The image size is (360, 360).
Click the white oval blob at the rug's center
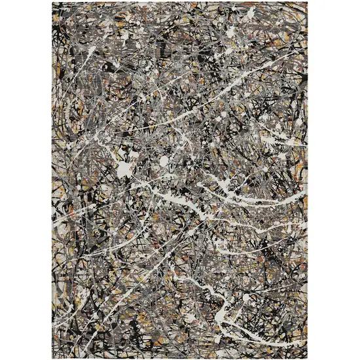(164, 160)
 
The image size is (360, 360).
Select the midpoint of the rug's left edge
(53, 180)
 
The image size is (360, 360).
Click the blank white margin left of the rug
(26, 180)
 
